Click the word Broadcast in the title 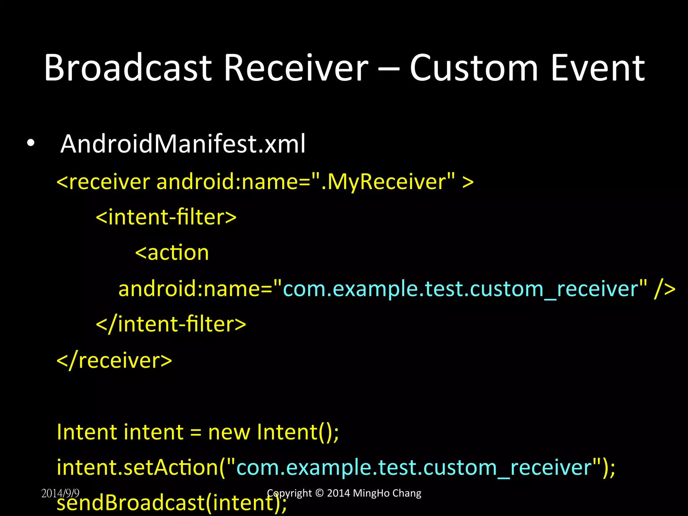pos(128,68)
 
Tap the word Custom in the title pos(474,68)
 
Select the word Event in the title pos(598,68)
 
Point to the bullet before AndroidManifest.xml pos(31,144)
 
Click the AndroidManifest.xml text pos(183,144)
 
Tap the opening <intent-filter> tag pos(166,217)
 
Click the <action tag pos(172,253)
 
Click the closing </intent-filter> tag pos(171,324)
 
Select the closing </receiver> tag pos(114,360)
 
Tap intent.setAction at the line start pos(138,468)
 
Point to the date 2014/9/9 pos(60,493)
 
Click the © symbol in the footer pos(319,493)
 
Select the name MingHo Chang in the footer pos(387,493)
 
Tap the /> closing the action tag pos(664,289)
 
